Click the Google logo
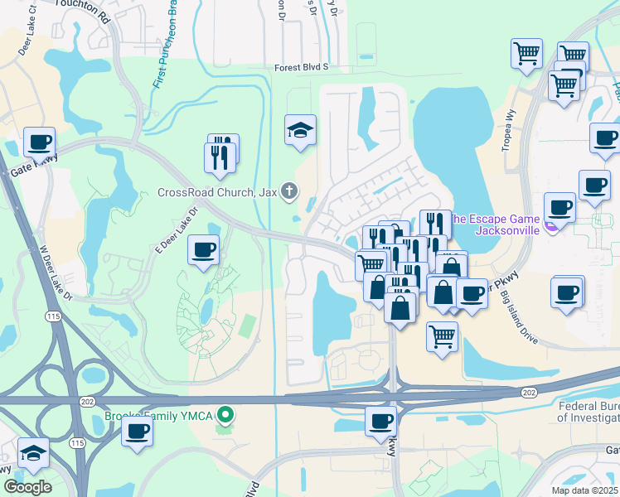pos(27,487)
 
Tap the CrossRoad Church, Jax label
pos(217,192)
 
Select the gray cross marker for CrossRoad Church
pos(289,192)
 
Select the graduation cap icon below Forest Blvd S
pos(300,129)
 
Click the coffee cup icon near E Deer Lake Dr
pos(204,248)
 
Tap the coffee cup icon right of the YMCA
pos(137,431)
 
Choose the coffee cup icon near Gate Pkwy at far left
pos(39,141)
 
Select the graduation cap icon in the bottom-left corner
pos(33,453)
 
